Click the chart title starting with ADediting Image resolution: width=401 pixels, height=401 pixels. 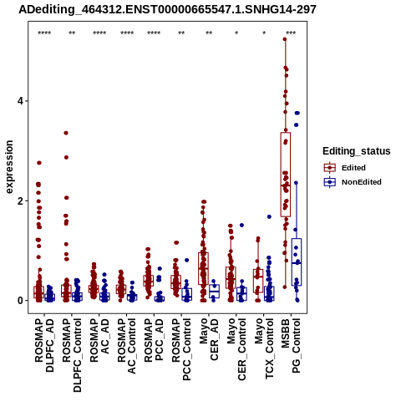click(167, 10)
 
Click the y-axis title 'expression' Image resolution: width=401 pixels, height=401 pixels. click(9, 167)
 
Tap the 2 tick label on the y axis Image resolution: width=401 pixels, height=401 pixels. click(21, 201)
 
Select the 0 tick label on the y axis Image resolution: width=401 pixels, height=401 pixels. click(21, 301)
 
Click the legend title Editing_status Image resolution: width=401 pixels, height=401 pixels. click(357, 151)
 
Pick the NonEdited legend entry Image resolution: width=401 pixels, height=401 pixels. click(353, 182)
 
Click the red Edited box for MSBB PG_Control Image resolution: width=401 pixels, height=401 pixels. click(286, 175)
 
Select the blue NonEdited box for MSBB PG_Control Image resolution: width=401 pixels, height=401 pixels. click(297, 261)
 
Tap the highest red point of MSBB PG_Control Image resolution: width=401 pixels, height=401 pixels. click(285, 39)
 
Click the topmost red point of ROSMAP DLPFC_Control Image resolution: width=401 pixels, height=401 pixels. click(66, 133)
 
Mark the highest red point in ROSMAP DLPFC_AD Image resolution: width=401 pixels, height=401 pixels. click(39, 163)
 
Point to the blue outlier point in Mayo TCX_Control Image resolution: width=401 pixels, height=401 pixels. click(269, 216)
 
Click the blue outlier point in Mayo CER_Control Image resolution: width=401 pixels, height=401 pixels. click(241, 226)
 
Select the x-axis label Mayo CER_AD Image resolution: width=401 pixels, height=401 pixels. click(209, 339)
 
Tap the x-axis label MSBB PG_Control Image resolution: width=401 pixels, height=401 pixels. click(291, 346)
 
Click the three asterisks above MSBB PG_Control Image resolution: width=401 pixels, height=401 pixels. click(291, 33)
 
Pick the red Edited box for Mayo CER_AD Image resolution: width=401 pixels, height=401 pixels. click(203, 268)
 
